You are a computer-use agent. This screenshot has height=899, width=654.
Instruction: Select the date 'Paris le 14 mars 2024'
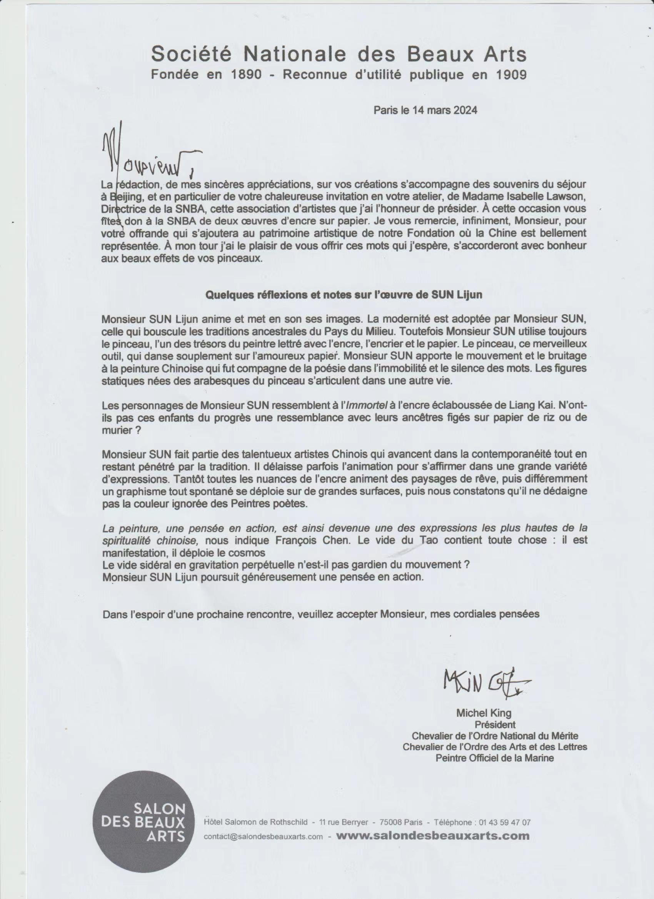pyautogui.click(x=425, y=110)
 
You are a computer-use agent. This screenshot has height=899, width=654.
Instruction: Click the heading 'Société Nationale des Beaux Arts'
pyautogui.click(x=339, y=54)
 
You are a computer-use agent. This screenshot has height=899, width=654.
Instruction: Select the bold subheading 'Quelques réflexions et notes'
pyautogui.click(x=343, y=295)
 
